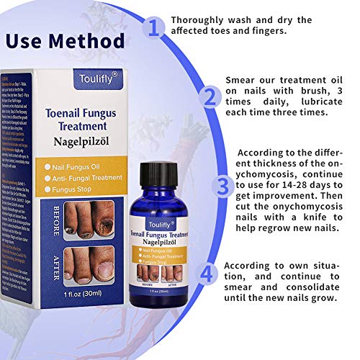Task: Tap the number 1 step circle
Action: point(152,27)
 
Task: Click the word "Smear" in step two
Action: point(242,79)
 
